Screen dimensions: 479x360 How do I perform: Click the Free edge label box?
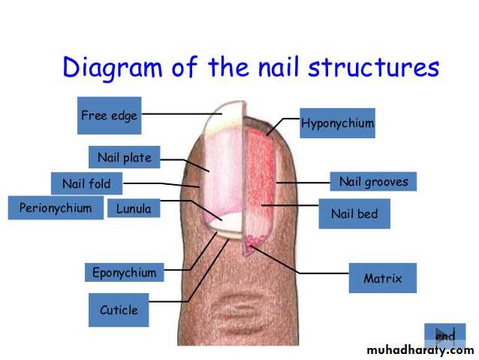pos(110,116)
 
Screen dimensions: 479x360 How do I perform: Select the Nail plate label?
pos(125,157)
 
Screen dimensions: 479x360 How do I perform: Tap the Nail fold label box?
pos(87,183)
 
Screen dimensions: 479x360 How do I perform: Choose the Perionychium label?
pos(56,208)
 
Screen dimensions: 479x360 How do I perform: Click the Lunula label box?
pos(134,208)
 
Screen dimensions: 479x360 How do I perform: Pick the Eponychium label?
pos(125,272)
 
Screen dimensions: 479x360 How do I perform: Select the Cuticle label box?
pos(119,310)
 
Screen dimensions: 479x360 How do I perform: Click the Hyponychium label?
pos(338,123)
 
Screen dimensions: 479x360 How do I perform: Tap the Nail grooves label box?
pos(373,181)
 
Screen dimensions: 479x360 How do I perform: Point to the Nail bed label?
pos(354,213)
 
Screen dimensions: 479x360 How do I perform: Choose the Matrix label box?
pos(383,278)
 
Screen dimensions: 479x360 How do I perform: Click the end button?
pos(445,336)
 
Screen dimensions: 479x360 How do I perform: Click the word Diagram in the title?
pos(113,68)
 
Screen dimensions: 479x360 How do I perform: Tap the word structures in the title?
pos(374,68)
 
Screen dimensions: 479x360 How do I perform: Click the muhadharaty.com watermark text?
pos(420,350)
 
